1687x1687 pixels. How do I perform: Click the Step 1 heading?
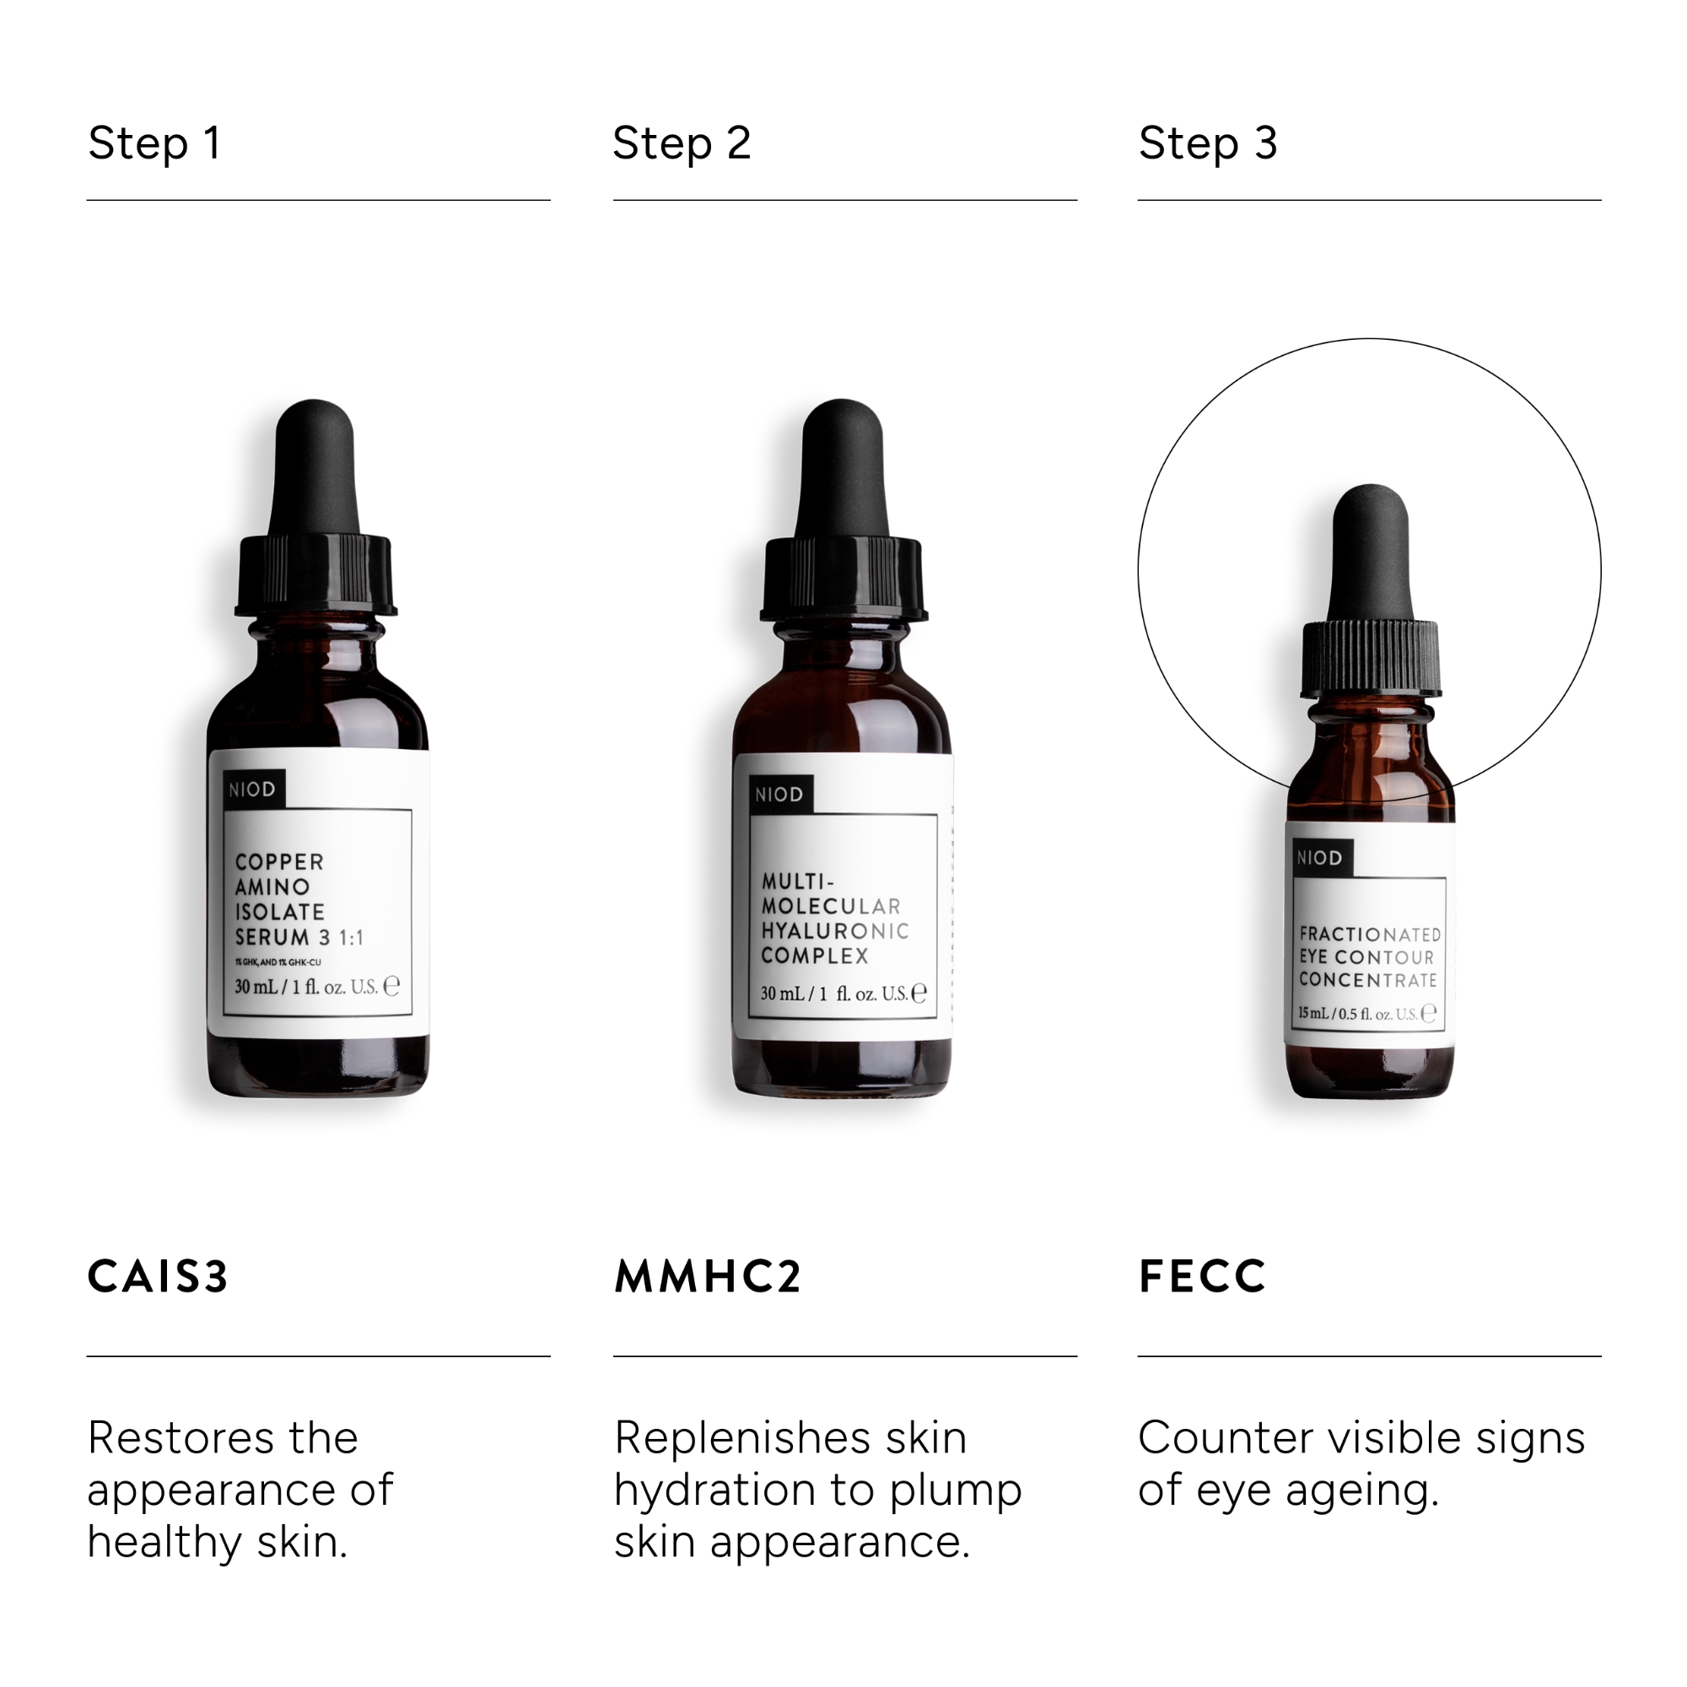point(154,143)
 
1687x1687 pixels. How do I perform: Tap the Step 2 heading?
point(681,143)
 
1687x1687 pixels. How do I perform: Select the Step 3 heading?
point(1208,143)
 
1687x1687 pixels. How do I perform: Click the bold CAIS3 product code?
point(158,1276)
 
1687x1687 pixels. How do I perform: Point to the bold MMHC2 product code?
point(708,1276)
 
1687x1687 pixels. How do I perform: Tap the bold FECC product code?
point(1201,1276)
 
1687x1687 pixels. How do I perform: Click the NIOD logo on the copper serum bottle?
point(252,790)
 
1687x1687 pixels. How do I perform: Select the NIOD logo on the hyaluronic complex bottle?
point(778,795)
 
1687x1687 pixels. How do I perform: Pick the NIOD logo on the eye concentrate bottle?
point(1318,859)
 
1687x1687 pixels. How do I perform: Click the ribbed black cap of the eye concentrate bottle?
point(1369,660)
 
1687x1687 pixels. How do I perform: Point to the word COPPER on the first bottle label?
point(279,862)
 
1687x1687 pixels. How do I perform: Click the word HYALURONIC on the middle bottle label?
point(834,931)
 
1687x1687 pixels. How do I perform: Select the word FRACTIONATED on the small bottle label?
point(1369,935)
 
